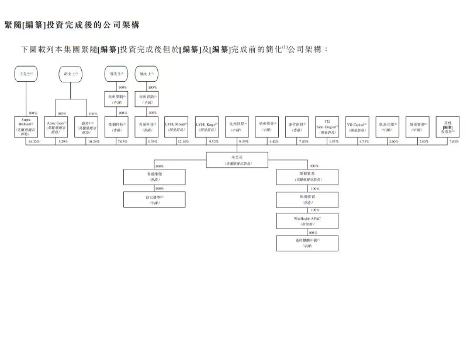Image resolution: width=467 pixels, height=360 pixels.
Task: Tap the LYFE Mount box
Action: coord(177,127)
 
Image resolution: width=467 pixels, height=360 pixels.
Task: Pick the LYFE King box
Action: coord(207,127)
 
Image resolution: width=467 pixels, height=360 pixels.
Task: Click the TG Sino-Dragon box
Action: coord(327,127)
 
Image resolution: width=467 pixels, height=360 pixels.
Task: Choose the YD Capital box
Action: coord(357,127)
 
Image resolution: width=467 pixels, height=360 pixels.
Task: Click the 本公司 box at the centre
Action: coord(237,160)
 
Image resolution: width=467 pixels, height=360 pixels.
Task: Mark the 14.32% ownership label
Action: coord(33,141)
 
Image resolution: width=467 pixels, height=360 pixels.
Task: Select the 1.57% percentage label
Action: coord(334,141)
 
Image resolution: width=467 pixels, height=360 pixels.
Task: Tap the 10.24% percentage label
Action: coord(93,141)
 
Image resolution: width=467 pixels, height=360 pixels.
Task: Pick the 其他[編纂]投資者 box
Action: coord(447,127)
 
